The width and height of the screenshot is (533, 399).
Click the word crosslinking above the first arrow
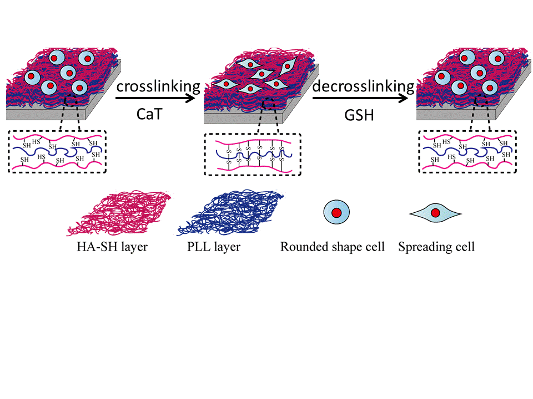[x=158, y=86]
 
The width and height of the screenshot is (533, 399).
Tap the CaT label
[x=150, y=114]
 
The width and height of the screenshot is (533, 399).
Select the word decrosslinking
[x=363, y=86]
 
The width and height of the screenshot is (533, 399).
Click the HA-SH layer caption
[x=112, y=247]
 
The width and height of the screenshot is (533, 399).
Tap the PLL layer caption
[x=214, y=247]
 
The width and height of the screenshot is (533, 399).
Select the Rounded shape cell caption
[x=333, y=247]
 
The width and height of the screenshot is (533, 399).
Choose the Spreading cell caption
[x=436, y=247]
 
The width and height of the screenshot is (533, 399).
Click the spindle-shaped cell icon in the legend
[x=435, y=213]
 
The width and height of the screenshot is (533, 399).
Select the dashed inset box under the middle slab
[x=253, y=154]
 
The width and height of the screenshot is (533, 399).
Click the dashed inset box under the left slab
[x=57, y=151]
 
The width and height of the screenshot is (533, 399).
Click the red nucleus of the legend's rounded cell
[x=336, y=213]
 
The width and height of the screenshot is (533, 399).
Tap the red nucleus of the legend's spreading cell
[x=435, y=213]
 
